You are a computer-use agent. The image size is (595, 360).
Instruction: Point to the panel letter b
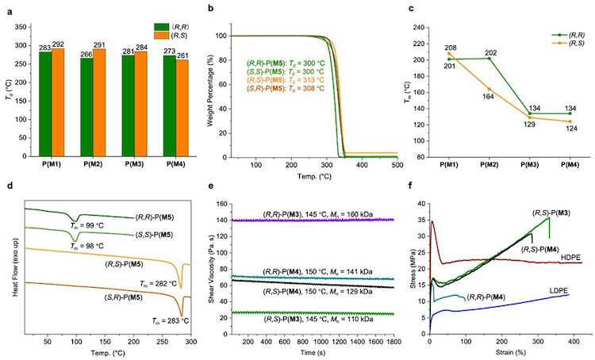pyautogui.click(x=209, y=10)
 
